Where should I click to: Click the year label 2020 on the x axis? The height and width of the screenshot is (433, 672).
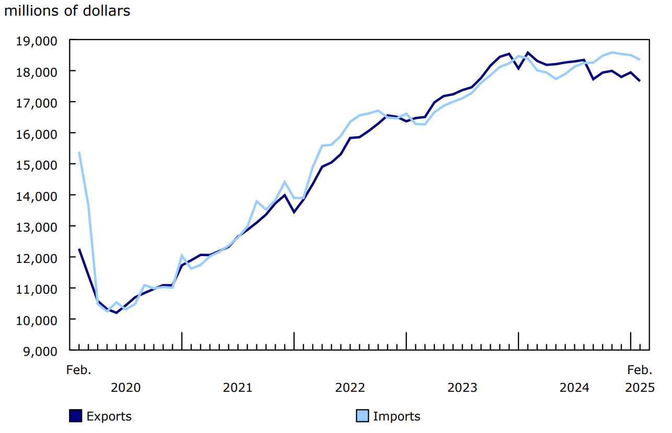click(x=126, y=388)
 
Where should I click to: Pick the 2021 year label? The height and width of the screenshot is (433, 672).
click(x=238, y=388)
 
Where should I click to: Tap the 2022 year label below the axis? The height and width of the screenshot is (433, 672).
click(x=350, y=388)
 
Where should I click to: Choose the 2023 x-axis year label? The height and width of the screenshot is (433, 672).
click(x=462, y=388)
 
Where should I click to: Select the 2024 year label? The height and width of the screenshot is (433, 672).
click(x=574, y=388)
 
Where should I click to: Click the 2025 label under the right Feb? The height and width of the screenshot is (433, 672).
click(x=640, y=388)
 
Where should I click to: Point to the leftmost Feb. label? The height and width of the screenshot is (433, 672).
click(x=79, y=370)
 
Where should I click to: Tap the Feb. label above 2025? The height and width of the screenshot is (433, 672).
click(x=640, y=370)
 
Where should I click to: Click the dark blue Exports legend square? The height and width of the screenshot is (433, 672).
click(x=76, y=416)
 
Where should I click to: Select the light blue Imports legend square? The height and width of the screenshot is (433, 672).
click(x=362, y=416)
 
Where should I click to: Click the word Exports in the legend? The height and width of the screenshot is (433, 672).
click(x=109, y=416)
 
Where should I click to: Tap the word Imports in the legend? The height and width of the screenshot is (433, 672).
click(x=397, y=416)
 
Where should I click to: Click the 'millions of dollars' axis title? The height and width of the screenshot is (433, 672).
click(x=67, y=11)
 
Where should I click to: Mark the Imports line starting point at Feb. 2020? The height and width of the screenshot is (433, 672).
click(x=79, y=152)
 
